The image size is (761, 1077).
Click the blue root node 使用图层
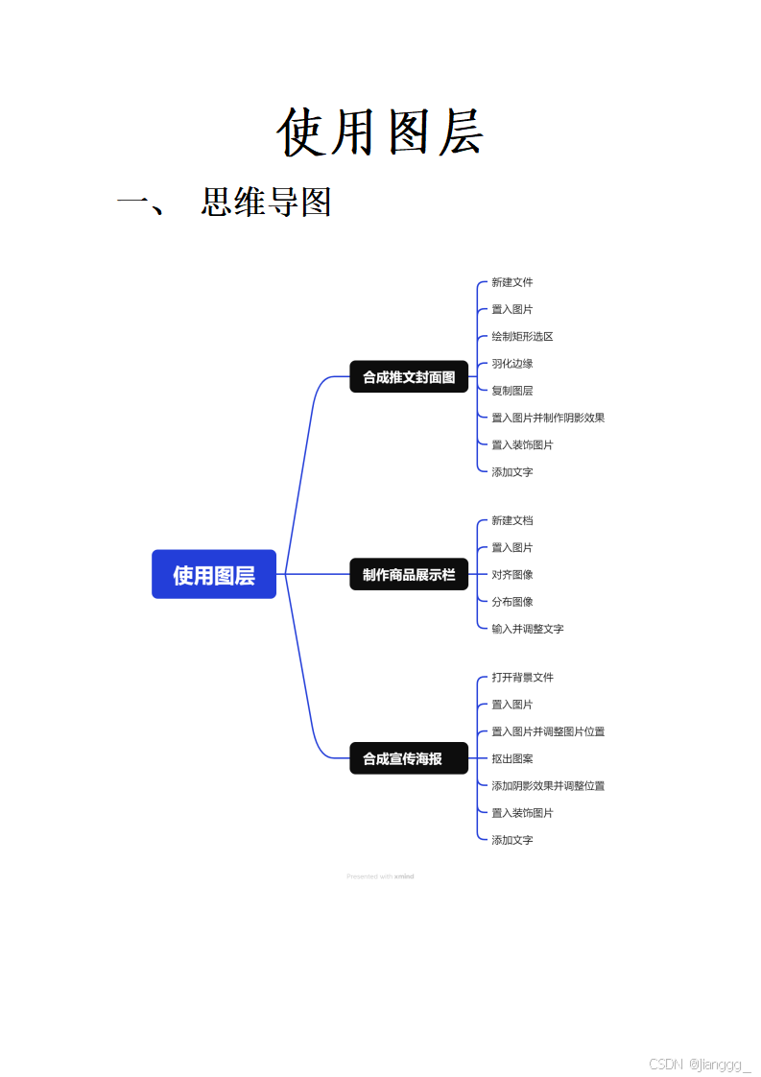[x=214, y=574]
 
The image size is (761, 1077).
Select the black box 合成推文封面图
[x=409, y=377]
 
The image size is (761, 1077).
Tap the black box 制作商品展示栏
[x=409, y=574]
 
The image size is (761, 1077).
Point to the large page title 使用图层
[x=380, y=132]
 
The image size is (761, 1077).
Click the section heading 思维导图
[x=266, y=203]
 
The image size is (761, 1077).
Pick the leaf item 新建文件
[x=512, y=282]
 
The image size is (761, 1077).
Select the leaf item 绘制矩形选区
[x=522, y=336]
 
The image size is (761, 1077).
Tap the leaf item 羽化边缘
[x=512, y=364]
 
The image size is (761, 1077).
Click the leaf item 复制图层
[x=512, y=391]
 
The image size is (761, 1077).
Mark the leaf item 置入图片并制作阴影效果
[x=548, y=418]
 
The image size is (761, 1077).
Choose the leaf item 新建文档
[x=512, y=520]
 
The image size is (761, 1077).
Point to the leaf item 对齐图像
[x=512, y=574]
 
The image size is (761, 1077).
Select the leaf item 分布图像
[x=512, y=602]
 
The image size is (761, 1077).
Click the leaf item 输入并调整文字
[x=528, y=629]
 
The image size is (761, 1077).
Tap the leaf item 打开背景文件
[x=522, y=678]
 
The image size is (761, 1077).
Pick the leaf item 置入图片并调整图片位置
[x=548, y=731]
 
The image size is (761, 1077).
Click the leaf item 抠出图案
[x=512, y=758]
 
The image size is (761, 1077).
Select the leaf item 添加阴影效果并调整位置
[x=548, y=785]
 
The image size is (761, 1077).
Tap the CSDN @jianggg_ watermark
[x=700, y=1064]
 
